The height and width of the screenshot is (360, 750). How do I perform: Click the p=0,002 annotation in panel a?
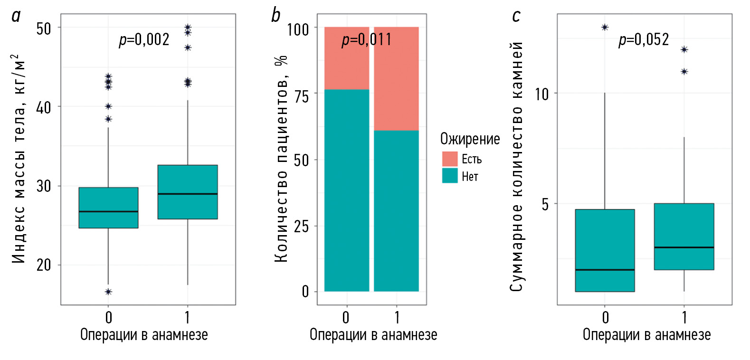(144, 39)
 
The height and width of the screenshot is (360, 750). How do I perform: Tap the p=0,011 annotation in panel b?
(367, 39)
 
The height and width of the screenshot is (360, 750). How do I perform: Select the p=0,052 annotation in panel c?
(644, 39)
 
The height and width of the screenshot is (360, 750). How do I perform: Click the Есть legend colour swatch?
(449, 159)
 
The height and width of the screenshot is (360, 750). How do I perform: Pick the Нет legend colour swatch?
(449, 176)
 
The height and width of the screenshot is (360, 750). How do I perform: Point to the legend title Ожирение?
(470, 139)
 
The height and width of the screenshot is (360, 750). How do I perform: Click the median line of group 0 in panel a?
(108, 211)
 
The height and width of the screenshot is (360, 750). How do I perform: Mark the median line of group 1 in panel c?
(684, 247)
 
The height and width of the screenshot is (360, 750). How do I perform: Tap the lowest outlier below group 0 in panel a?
(108, 292)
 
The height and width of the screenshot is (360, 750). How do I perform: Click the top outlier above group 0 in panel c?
(605, 28)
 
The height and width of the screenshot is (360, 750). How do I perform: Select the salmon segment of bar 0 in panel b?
(347, 58)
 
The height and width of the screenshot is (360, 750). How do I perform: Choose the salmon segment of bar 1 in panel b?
(396, 78)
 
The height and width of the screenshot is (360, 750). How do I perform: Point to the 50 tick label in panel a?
(44, 28)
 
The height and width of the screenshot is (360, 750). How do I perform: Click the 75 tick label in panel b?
(301, 96)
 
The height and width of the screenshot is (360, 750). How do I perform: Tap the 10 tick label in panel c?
(541, 94)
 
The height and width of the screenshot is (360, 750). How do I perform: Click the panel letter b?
(275, 15)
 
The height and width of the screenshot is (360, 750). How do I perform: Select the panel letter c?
(516, 16)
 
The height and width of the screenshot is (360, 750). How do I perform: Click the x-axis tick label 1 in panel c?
(684, 317)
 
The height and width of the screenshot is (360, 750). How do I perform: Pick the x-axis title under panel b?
(373, 335)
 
